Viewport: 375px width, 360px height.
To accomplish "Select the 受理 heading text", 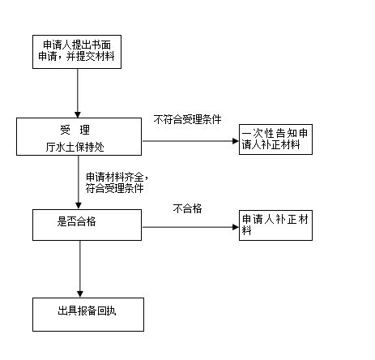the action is tap(75, 130).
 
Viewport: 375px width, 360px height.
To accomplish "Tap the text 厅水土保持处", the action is tap(75, 147).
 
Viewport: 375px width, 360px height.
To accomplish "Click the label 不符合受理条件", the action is tap(187, 119).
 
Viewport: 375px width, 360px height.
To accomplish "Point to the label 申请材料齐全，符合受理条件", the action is tap(117, 182).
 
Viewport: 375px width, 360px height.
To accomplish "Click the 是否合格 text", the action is tap(76, 221).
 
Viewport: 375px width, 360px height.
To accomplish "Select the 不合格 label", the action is tap(187, 208).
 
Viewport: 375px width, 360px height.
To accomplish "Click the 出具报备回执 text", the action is tap(87, 311).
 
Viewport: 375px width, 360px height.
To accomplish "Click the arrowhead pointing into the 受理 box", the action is tap(78, 114).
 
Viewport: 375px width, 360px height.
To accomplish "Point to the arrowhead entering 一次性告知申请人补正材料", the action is tap(236, 141).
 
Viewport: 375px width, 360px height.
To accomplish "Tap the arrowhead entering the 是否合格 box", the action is tap(79, 205).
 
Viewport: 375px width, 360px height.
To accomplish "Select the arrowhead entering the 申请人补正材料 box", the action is tap(236, 227).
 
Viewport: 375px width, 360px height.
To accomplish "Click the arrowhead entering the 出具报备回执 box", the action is tap(80, 294).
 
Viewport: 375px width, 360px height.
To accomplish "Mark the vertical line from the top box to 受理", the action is tap(78, 90).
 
